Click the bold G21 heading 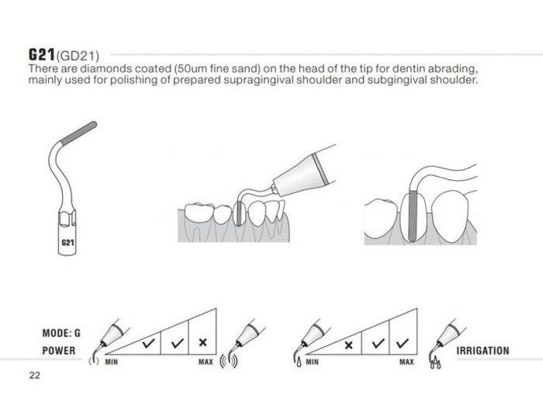point(42,54)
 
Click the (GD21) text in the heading point(78,56)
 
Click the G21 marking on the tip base point(67,243)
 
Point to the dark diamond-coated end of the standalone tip point(78,133)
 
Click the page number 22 point(35,375)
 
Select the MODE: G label point(61,334)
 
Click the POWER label point(58,351)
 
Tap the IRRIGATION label point(482,351)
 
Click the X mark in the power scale point(203,343)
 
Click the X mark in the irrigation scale point(349,345)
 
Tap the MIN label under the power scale point(111,362)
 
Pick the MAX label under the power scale point(206,362)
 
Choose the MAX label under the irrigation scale point(406,362)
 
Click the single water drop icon point(299,362)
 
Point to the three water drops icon point(436,363)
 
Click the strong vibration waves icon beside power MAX point(229,361)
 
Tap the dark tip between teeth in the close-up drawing point(412,216)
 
